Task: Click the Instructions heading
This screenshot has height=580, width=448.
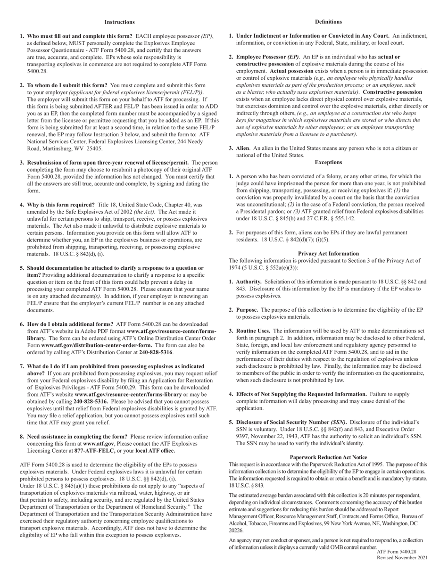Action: (x=119, y=22)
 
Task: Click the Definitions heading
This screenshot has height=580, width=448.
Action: (x=328, y=22)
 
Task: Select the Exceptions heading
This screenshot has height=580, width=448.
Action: (x=328, y=162)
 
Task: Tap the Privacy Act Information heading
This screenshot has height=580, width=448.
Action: (x=328, y=254)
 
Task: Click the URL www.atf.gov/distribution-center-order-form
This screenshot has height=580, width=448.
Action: (x=96, y=345)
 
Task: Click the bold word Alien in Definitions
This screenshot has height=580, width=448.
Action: (x=242, y=149)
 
